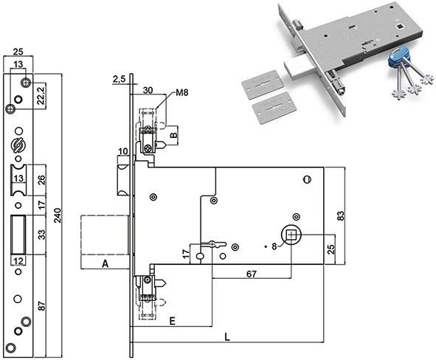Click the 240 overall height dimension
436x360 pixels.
click(58, 215)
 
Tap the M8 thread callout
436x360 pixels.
click(182, 92)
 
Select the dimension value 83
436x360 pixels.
click(340, 215)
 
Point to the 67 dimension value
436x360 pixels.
click(252, 274)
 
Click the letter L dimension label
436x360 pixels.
click(227, 337)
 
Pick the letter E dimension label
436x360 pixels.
click(173, 322)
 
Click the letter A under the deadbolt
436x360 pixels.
click(105, 263)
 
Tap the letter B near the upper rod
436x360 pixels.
click(173, 135)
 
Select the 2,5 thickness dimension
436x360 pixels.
click(119, 79)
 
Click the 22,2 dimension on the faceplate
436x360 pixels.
click(41, 95)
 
